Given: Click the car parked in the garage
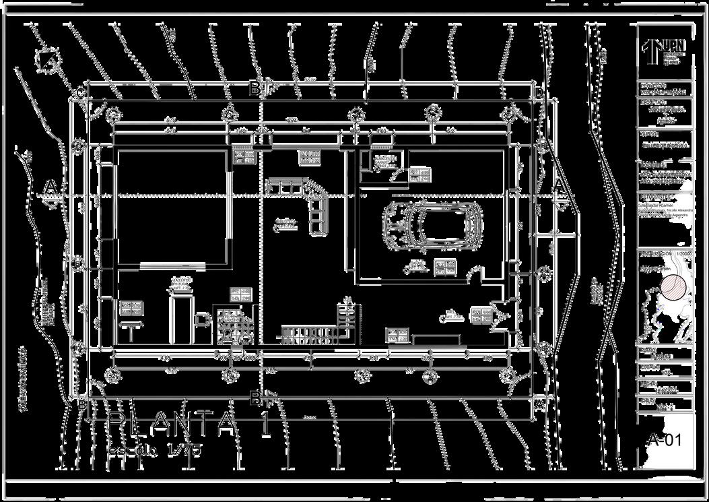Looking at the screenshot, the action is pos(433,226).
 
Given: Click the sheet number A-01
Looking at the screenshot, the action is pos(665,440).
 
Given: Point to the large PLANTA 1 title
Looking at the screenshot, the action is pos(189,423).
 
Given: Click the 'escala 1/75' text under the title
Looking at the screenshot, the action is pos(155,449).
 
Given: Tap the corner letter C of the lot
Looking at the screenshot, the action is pos(79,92).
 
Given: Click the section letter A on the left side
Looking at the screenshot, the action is pos(49,185).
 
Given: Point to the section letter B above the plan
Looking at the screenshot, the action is pos(255,88).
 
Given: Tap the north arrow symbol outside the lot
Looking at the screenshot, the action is pos(48,61).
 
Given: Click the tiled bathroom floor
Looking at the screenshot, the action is pos(235,327).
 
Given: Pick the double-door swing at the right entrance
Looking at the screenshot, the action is pos(501,315).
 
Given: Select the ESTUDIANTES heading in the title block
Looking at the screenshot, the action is pos(656,197).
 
